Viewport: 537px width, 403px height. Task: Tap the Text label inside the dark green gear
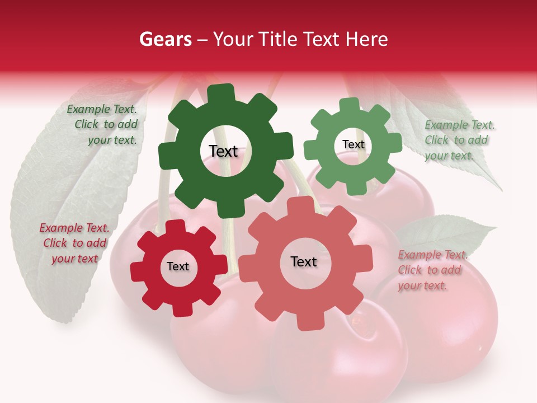[223, 151]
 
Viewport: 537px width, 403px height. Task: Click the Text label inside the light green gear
[353, 144]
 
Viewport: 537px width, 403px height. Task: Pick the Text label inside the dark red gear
[178, 267]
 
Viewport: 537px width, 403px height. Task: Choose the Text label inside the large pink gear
[304, 261]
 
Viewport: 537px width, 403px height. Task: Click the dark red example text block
[74, 243]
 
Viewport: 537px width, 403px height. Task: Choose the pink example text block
[431, 270]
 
